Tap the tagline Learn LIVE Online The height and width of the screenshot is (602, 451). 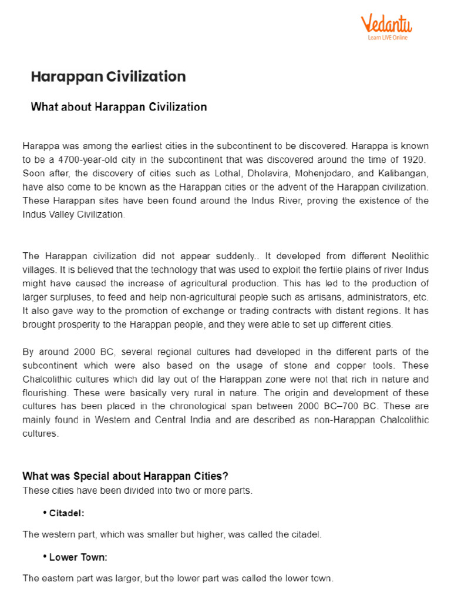[x=388, y=38]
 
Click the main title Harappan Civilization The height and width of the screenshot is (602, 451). [x=108, y=76]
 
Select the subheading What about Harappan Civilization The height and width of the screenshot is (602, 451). [x=119, y=107]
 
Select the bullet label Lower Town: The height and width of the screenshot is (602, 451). [x=78, y=557]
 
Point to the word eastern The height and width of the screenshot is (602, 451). [x=57, y=578]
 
